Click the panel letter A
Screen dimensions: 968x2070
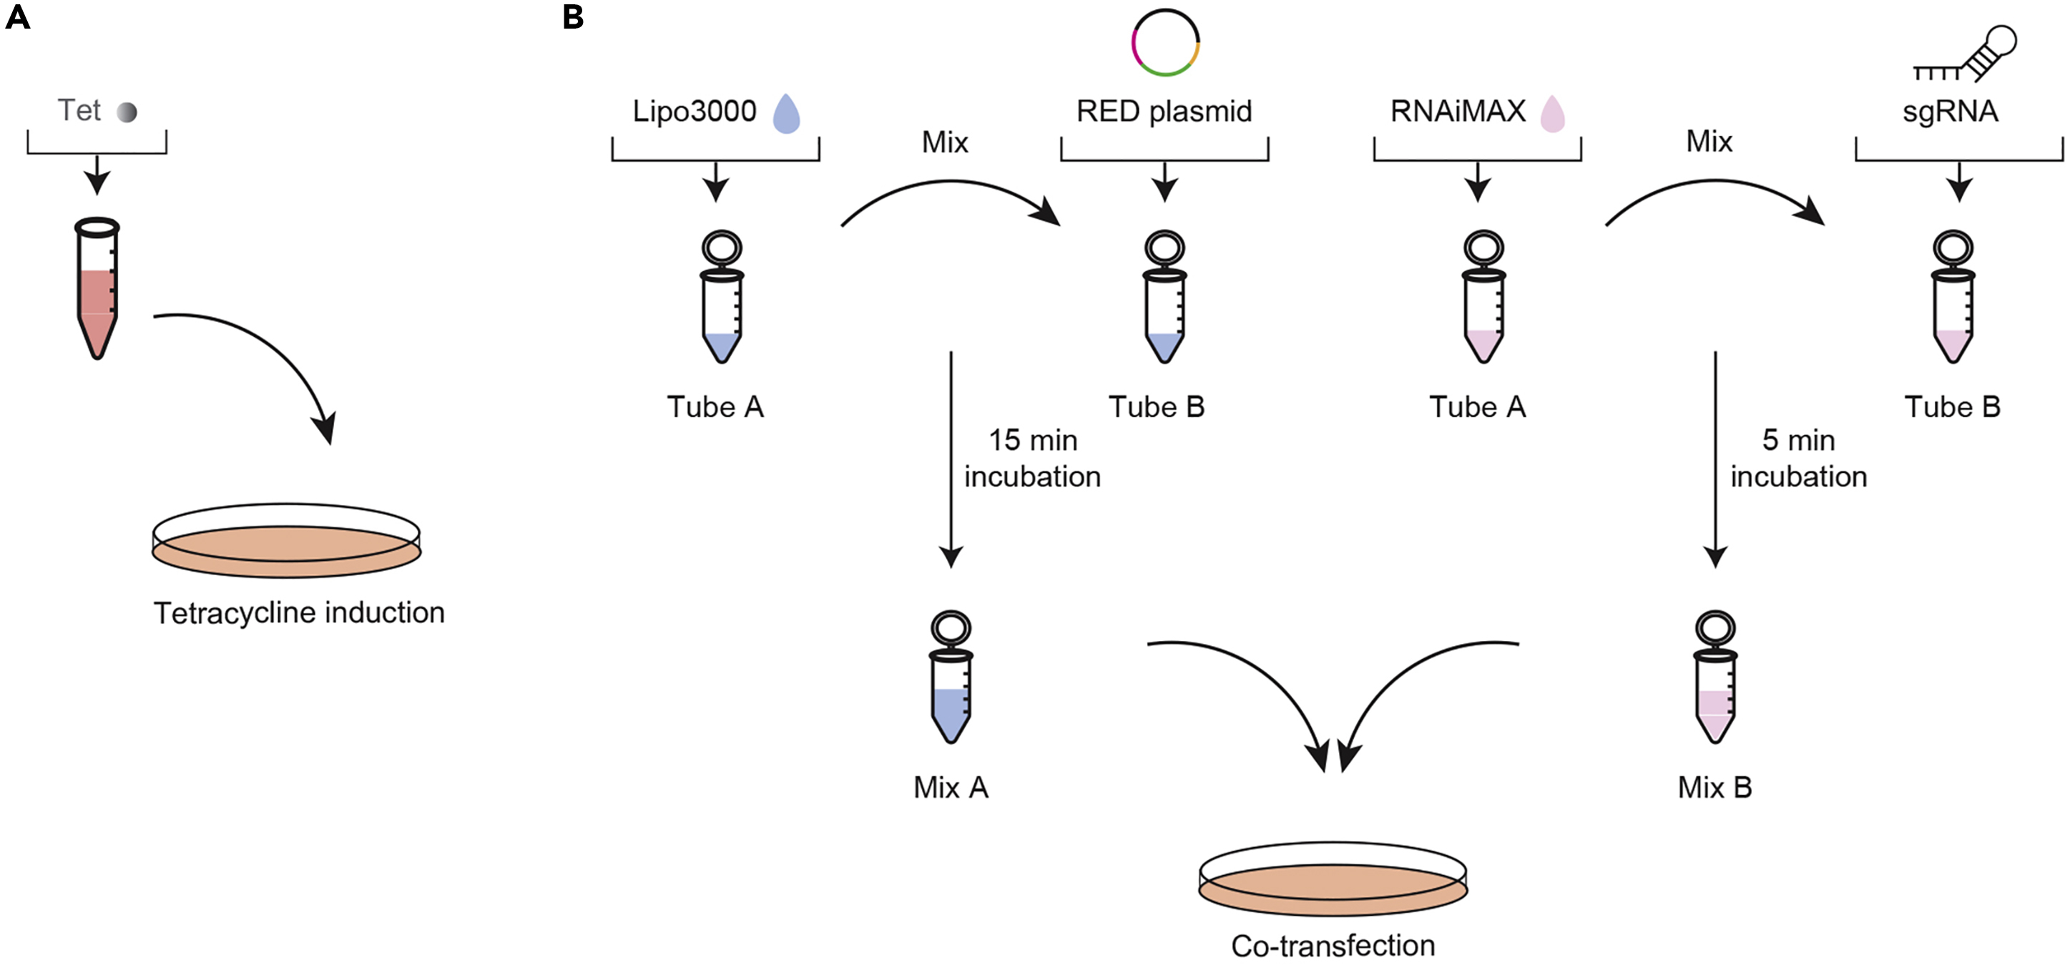[18, 17]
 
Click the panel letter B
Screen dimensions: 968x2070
[573, 17]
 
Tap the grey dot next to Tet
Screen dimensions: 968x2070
[127, 112]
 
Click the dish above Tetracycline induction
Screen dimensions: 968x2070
[287, 541]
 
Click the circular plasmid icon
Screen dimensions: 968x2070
[1165, 43]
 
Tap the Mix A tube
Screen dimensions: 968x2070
[951, 677]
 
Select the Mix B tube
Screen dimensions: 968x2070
[1715, 677]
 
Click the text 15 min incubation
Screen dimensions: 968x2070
[1033, 459]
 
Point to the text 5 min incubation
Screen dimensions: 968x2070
[1798, 459]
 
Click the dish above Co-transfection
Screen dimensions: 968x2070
[1333, 879]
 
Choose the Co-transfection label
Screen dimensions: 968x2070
[1333, 946]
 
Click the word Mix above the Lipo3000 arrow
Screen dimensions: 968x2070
[945, 143]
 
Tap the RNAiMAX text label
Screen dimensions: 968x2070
[1458, 111]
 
